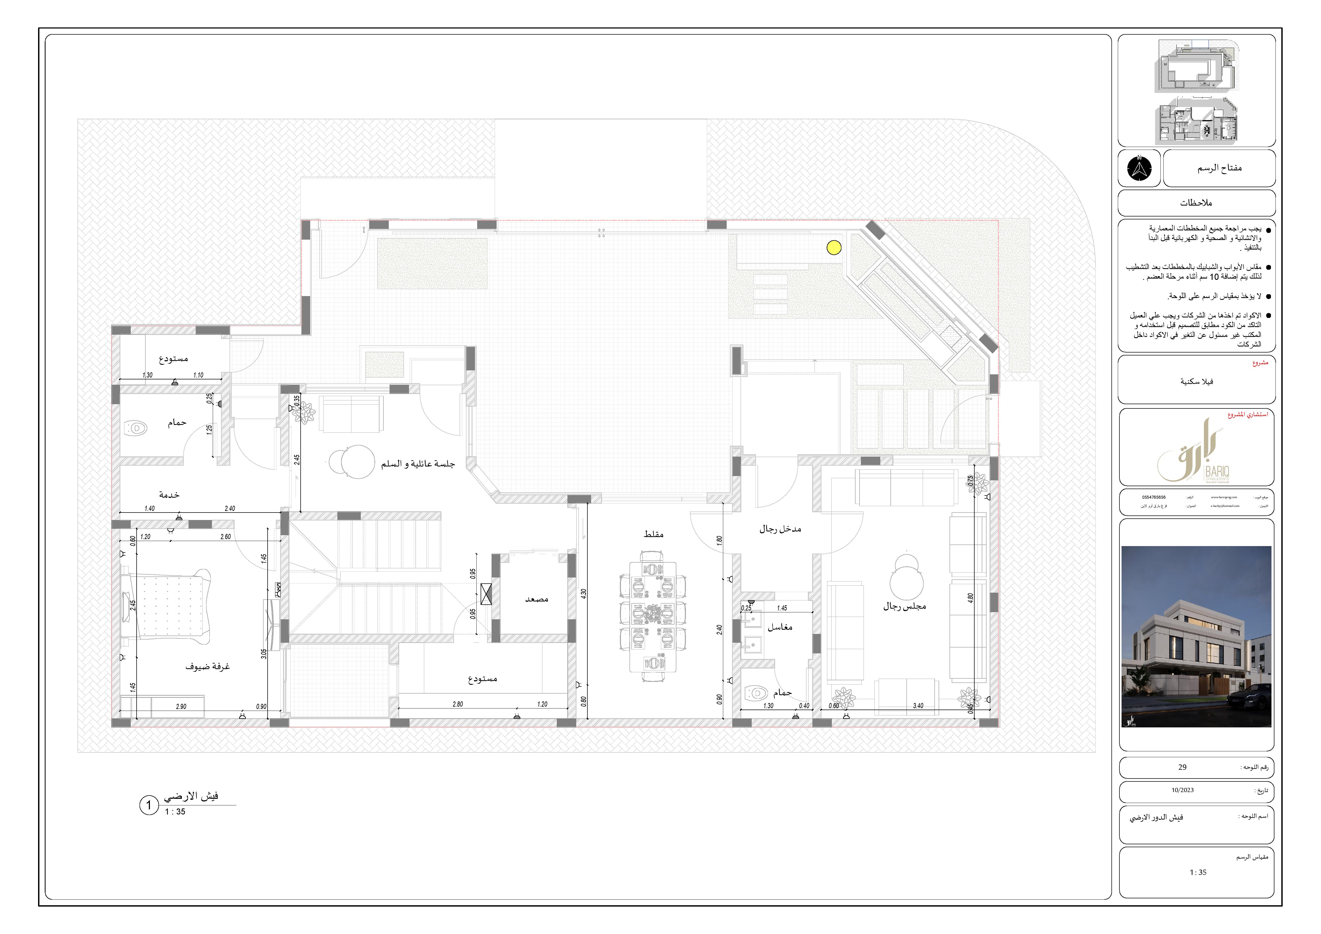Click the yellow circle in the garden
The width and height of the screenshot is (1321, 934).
[x=834, y=248]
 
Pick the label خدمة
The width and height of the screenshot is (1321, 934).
[x=169, y=495]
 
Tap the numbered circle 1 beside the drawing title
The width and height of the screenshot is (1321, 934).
[x=148, y=805]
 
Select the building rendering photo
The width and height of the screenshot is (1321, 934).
[x=1196, y=637]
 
